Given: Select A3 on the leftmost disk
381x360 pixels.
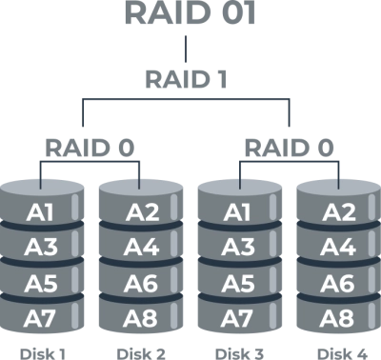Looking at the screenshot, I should tap(41, 248).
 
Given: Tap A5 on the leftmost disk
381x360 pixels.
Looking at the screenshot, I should tap(41, 283).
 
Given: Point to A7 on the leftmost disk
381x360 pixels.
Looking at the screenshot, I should tap(41, 318).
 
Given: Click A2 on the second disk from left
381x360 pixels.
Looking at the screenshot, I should tap(140, 212).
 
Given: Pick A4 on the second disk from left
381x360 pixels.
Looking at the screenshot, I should tap(140, 248).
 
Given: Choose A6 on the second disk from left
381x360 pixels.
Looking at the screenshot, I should tap(140, 283).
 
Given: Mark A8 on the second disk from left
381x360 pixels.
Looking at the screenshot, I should tap(140, 318).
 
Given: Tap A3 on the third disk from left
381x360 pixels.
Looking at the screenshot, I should tap(239, 248).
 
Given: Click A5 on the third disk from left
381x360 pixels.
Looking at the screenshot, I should tap(239, 283).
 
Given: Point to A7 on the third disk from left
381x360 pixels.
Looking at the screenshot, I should tap(239, 318).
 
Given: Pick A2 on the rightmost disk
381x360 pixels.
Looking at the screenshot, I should tap(338, 212).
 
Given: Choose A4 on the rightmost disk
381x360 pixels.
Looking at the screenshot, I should tap(338, 248).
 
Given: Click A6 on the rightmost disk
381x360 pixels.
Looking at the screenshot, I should tap(338, 283).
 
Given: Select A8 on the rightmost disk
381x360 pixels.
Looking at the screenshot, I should tap(338, 318).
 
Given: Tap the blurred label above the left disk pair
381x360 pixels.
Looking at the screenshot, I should tap(91, 148).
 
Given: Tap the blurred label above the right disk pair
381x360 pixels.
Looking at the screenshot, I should tap(288, 148).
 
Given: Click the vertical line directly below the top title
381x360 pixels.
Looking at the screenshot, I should tap(188, 50).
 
